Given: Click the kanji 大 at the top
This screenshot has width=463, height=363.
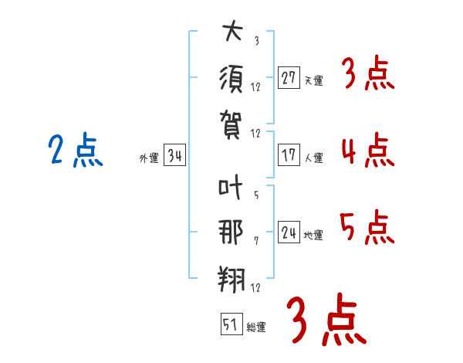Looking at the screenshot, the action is point(233,30).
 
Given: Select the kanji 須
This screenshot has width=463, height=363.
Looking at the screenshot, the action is point(231,79).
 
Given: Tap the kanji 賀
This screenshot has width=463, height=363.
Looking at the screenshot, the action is point(231,124).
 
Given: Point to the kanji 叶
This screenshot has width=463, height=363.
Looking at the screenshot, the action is point(230,187).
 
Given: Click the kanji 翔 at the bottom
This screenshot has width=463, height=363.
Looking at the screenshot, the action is point(231,279).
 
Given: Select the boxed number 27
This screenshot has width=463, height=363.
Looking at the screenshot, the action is point(289,77).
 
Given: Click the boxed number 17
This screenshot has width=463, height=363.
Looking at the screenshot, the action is point(289,155).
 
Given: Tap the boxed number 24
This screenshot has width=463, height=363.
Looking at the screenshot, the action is point(289,232).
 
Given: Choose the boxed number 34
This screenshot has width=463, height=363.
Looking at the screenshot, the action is point(174,154).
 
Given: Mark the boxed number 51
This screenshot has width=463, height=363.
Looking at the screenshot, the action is point(231,324).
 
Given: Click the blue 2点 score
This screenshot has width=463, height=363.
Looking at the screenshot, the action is point(76,150).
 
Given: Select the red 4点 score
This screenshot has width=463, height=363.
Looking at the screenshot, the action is point(368,150).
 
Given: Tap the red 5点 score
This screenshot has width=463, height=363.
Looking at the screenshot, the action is point(367,227).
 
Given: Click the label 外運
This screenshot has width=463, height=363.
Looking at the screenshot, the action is point(149,158).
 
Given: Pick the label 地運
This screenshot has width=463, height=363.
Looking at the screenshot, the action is point(313,235).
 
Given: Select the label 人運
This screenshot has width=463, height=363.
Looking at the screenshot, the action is point(314,158).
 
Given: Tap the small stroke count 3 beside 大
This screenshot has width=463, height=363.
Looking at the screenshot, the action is point(257,40).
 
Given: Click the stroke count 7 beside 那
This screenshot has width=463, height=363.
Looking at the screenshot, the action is point(256,241).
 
